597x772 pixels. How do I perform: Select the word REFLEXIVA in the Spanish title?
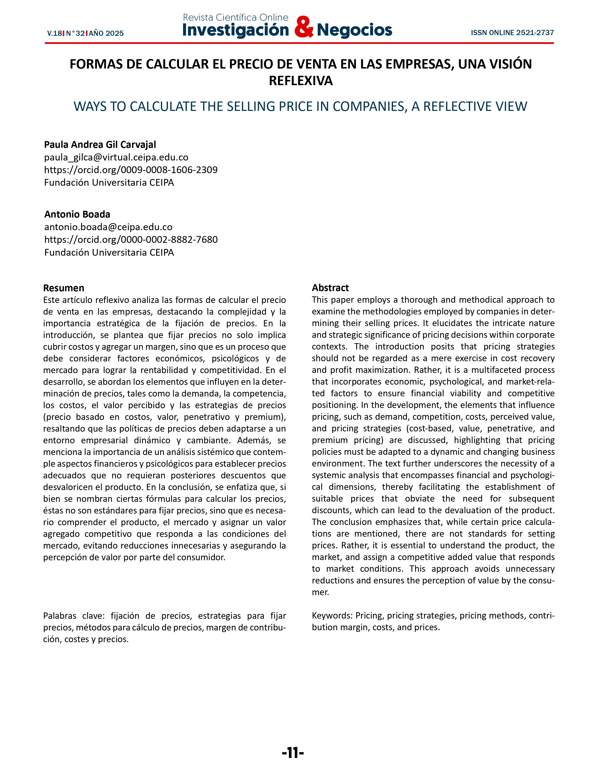coord(301,81)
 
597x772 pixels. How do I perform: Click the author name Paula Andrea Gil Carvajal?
coord(100,145)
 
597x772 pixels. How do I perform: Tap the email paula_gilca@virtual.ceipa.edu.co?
coord(116,157)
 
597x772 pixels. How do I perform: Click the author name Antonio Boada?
coord(77,214)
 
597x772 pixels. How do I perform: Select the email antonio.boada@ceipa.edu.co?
coord(108,227)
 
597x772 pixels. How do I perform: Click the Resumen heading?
coord(64,288)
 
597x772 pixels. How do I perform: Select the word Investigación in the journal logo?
coord(236,30)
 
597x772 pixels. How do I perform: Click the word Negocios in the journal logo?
coord(354,30)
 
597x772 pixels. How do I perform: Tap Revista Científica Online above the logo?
coord(236,17)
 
